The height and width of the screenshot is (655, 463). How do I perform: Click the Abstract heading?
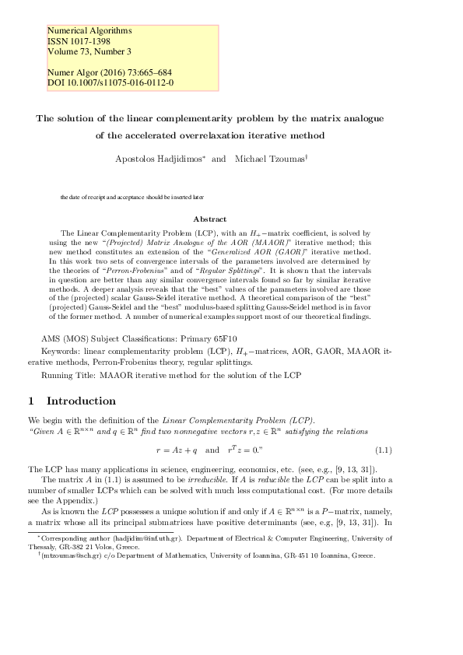209,219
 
